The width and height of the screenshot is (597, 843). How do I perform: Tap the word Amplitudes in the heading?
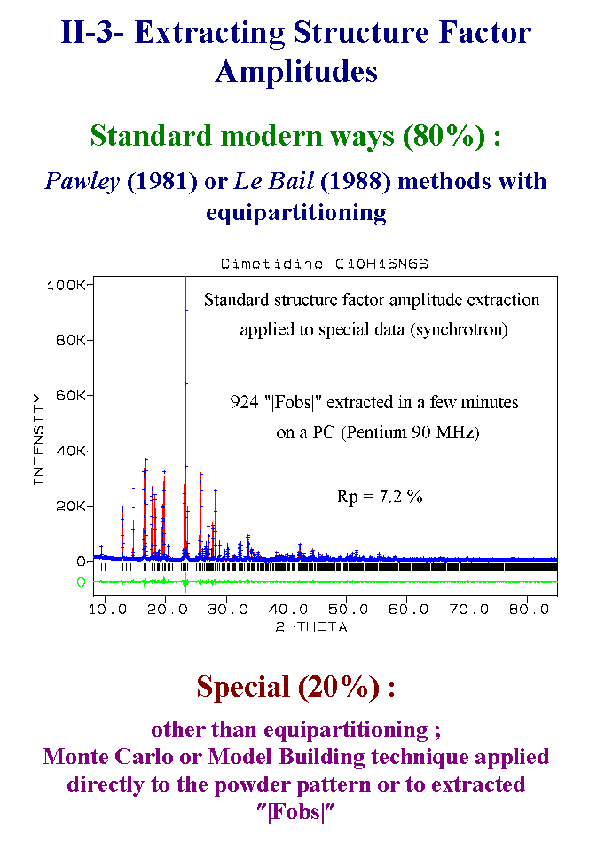296,72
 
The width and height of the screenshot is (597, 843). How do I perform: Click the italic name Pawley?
82,182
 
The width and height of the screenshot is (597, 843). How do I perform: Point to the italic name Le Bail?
274,181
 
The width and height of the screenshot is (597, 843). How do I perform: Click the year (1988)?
356,182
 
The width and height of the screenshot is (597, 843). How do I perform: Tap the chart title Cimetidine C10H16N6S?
325,264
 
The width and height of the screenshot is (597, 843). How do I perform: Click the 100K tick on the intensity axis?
67,285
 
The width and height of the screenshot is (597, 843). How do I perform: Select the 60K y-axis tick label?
71,396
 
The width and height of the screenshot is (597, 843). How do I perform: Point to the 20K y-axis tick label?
71,507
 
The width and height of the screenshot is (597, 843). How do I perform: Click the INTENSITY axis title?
38,439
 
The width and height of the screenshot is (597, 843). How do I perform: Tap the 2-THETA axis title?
311,626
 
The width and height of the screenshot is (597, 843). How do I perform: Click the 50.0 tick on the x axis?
349,609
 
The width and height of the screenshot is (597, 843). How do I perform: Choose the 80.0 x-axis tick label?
530,609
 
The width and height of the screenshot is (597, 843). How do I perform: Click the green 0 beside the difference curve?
81,582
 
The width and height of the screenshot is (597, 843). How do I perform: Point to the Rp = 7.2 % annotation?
380,496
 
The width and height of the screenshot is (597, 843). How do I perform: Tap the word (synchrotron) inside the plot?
459,329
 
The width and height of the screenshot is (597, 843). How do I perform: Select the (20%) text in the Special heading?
339,687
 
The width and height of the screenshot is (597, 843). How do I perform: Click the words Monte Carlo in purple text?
109,756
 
